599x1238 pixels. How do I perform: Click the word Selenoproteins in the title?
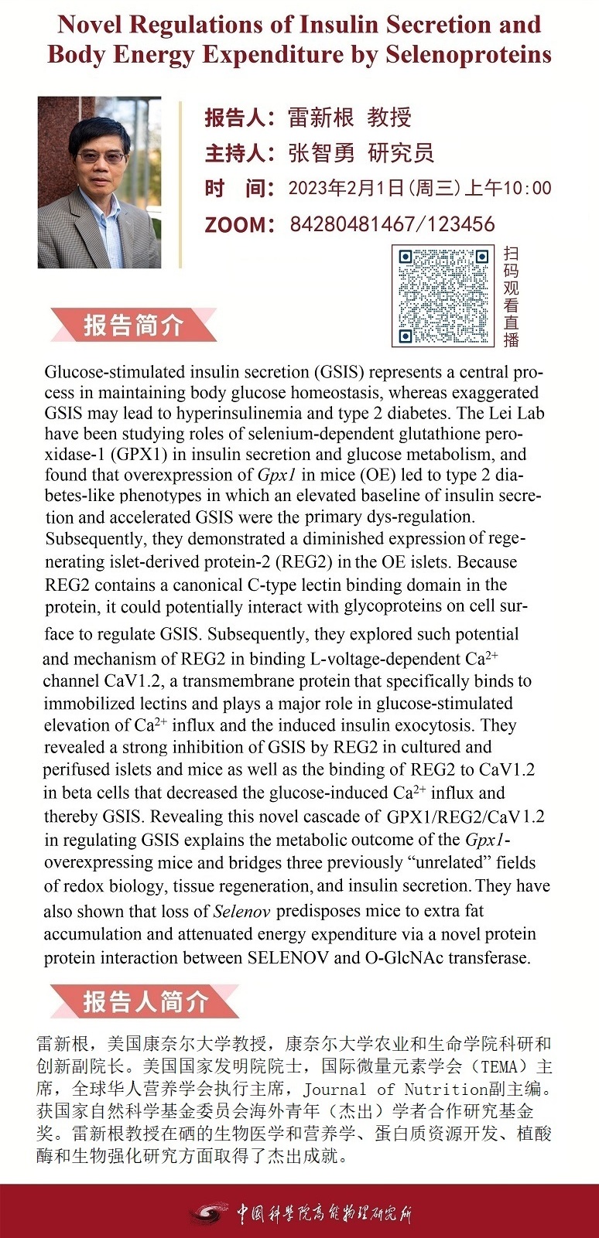[x=468, y=55]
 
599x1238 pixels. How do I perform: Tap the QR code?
[x=443, y=295]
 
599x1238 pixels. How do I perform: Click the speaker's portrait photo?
[x=99, y=182]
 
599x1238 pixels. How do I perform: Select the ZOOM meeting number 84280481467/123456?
[x=392, y=224]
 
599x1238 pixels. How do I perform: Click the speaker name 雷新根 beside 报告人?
[x=321, y=118]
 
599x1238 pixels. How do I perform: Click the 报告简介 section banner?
[x=133, y=325]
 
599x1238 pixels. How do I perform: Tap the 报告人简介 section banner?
[x=145, y=1001]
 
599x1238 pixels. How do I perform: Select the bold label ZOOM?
[x=238, y=225]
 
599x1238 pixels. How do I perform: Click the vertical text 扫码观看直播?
[x=511, y=295]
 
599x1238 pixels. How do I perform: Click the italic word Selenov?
[x=241, y=911]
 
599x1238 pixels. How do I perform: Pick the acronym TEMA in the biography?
[x=499, y=1066]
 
